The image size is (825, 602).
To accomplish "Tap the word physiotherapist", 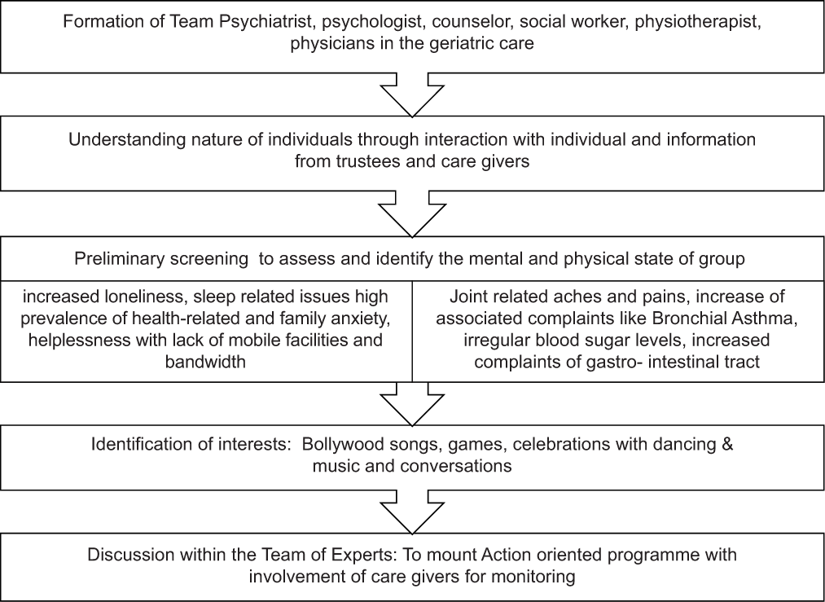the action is pos(698,21).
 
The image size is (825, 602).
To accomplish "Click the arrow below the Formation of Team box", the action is pos(412,94).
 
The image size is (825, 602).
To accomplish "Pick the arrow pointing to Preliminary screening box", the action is pos(412,213).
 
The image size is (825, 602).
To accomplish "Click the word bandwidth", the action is pos(205,362).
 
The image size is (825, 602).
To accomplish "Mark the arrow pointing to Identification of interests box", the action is pos(412,403).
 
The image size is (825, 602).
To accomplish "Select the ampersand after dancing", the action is pos(727,444).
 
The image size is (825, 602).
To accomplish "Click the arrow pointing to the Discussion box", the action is pos(412,512).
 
